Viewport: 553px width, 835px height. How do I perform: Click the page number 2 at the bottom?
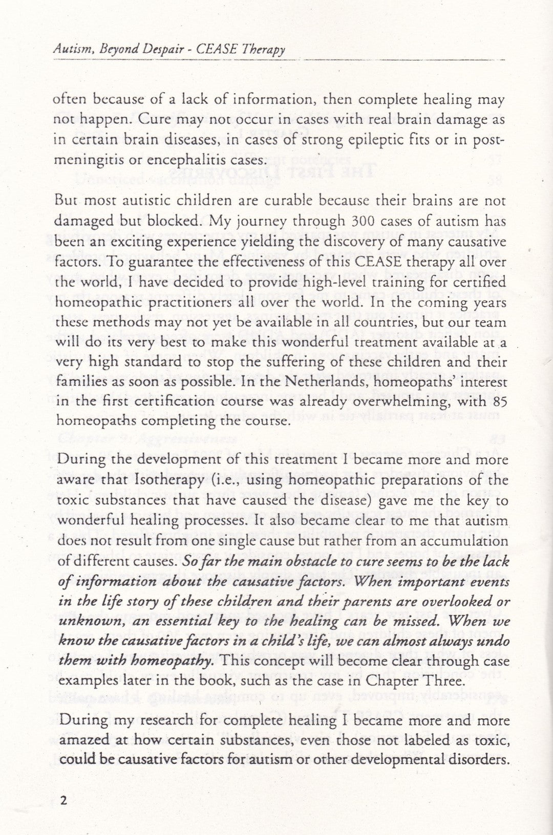(63, 800)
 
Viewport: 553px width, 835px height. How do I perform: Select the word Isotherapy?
(162, 480)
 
